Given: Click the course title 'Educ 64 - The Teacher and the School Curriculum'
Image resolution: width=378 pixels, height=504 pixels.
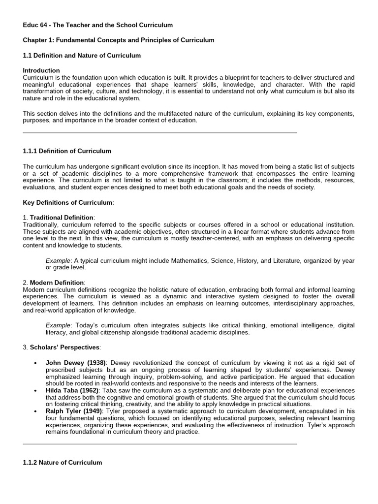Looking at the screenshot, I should click(98, 25).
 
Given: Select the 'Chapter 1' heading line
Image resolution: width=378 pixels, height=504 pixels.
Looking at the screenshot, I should click(119, 40).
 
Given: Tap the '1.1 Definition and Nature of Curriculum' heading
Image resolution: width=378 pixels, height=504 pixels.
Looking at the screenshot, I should click(82, 56).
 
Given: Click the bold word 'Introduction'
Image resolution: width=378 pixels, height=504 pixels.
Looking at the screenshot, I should click(41, 70).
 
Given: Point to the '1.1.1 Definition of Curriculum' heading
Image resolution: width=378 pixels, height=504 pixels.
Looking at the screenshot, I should click(67, 151).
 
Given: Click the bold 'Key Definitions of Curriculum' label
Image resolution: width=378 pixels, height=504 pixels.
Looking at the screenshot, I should click(68, 203).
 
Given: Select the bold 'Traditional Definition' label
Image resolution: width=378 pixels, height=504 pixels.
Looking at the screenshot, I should click(62, 218).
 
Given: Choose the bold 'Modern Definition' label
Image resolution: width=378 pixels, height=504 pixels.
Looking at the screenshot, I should click(57, 283).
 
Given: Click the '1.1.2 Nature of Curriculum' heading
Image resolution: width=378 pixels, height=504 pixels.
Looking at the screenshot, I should click(63, 463).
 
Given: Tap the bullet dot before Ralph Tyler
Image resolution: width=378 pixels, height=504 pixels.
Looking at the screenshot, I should click(35, 411).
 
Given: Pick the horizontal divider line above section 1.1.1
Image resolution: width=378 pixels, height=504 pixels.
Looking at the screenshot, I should click(160, 133).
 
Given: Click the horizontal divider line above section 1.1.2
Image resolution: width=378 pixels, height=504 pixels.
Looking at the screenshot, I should click(160, 444).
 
